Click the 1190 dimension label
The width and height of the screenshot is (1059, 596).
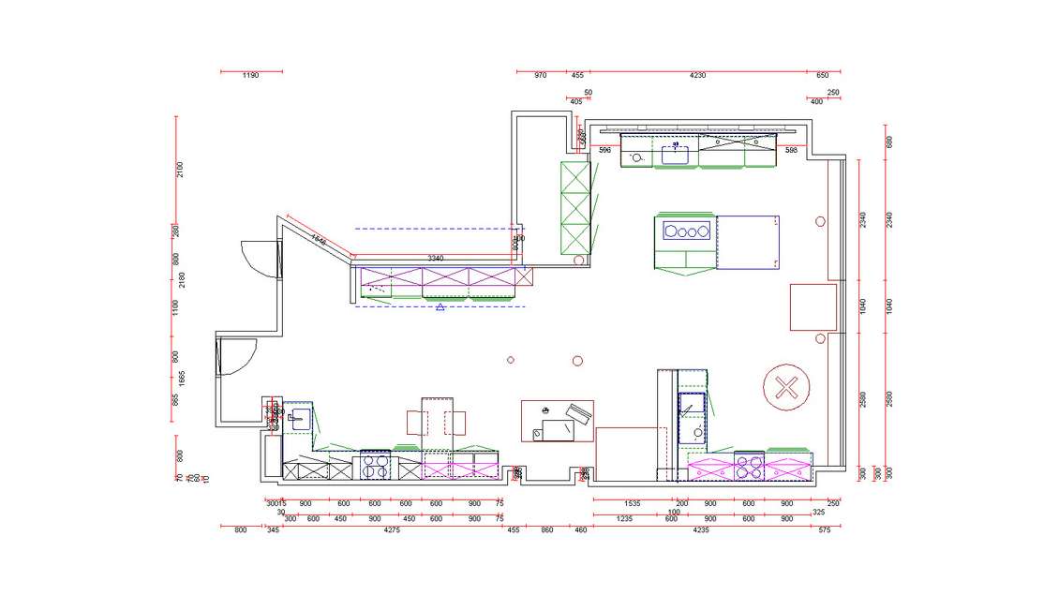pyautogui.click(x=250, y=75)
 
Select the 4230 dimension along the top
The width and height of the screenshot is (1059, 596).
pyautogui.click(x=697, y=75)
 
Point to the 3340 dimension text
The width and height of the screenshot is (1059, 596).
pyautogui.click(x=436, y=258)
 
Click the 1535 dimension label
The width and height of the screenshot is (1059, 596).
pyautogui.click(x=632, y=503)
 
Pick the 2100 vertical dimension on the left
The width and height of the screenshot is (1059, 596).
pyautogui.click(x=181, y=170)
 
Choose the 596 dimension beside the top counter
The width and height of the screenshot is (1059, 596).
pyautogui.click(x=604, y=150)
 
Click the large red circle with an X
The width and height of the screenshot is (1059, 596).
pyautogui.click(x=785, y=387)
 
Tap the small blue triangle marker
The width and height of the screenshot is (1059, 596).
pyautogui.click(x=440, y=306)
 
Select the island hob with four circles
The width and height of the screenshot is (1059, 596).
pyautogui.click(x=684, y=231)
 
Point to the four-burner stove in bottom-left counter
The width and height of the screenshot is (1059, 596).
pyautogui.click(x=376, y=464)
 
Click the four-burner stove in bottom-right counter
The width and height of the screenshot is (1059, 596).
pyautogui.click(x=750, y=466)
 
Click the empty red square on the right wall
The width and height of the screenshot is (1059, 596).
pyautogui.click(x=813, y=306)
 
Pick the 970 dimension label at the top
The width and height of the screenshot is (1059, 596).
pyautogui.click(x=540, y=75)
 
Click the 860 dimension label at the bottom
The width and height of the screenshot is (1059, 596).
pyautogui.click(x=547, y=530)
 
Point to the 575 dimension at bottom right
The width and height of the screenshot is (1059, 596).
pyautogui.click(x=824, y=530)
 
